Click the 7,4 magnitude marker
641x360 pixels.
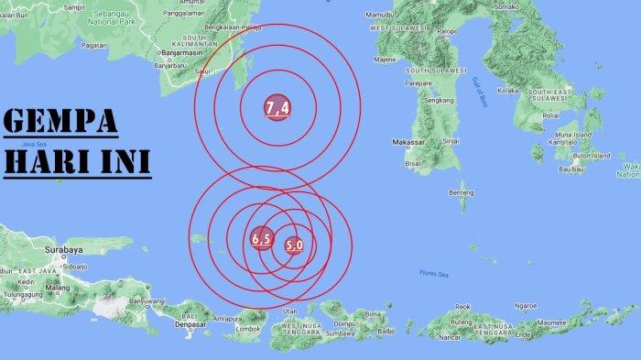(x=277, y=108)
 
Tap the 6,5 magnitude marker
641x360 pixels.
(x=261, y=239)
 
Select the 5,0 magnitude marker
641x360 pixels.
(x=294, y=245)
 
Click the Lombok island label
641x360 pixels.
(x=248, y=328)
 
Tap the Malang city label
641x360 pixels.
(x=58, y=288)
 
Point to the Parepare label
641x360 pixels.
(x=418, y=82)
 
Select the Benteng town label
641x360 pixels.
(x=462, y=192)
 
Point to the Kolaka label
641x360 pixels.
(x=508, y=90)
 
